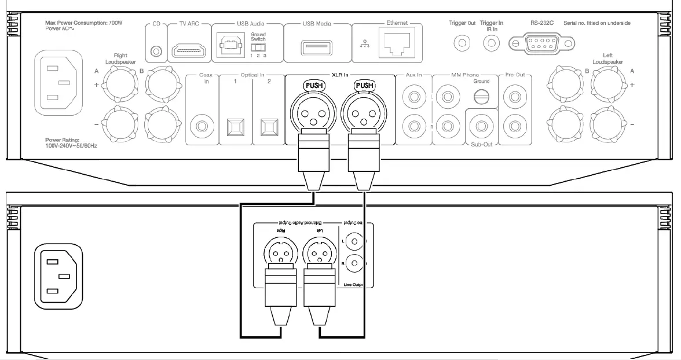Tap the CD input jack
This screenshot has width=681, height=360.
click(x=155, y=52)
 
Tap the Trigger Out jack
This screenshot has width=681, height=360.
click(x=462, y=42)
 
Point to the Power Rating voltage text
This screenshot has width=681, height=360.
click(x=71, y=146)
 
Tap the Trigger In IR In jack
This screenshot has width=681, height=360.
click(x=492, y=42)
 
